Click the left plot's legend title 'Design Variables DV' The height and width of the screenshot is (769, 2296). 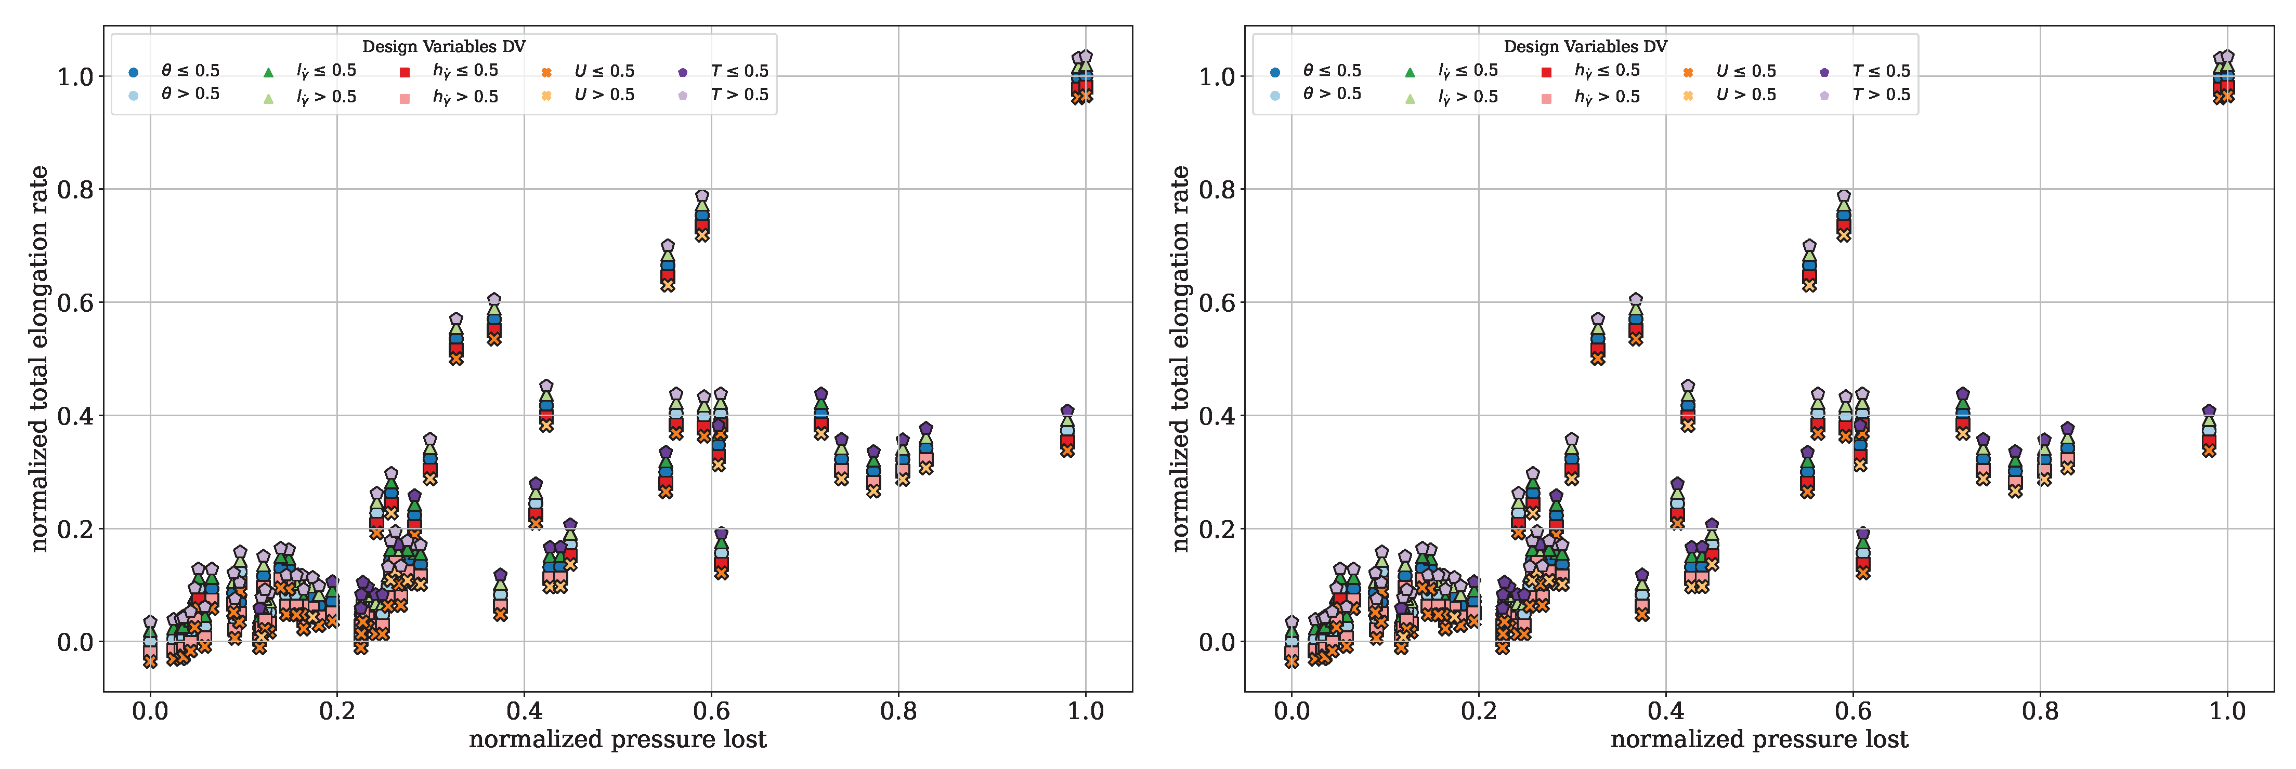pos(444,46)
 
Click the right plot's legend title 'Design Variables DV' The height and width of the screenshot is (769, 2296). pos(1586,46)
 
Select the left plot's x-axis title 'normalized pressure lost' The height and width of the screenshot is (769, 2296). pos(618,739)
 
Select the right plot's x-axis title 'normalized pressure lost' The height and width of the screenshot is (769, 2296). pos(1759,739)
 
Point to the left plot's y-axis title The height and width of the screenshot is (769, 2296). pos(38,358)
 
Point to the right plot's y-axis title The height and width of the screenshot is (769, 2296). pos(1180,358)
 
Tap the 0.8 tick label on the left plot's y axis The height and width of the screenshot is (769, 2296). pos(76,190)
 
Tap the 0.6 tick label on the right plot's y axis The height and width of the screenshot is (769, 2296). pos(1218,303)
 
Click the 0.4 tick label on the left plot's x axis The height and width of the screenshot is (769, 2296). pos(524,711)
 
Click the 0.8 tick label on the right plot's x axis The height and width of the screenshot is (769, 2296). pos(2040,711)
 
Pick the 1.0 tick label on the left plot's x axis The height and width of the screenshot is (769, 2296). pos(1086,711)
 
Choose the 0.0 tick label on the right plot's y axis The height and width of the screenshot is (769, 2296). pos(1218,642)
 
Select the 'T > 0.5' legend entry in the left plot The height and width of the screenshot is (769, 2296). pos(723,95)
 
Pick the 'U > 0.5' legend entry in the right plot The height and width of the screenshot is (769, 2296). pos(1729,95)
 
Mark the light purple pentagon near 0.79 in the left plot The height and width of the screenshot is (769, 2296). pos(702,196)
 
